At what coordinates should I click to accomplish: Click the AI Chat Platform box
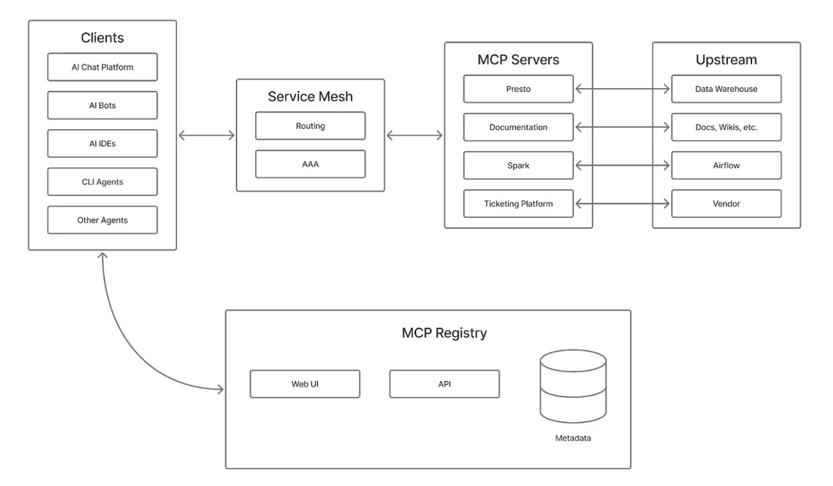coord(102,67)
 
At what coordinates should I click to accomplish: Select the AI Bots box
coord(102,105)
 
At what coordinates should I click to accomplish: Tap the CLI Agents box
coord(102,182)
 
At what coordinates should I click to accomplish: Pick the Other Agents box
coord(102,220)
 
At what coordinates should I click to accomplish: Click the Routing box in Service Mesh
coord(310,126)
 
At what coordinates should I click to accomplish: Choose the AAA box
coord(310,164)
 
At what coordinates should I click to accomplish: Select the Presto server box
coord(518,89)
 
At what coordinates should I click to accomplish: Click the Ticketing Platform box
coord(518,204)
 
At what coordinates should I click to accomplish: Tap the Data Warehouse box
coord(726,89)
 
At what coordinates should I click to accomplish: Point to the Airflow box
coord(726,165)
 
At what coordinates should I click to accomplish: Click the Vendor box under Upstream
coord(726,204)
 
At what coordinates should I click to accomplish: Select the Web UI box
coord(305,384)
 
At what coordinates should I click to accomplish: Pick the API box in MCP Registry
coord(444,384)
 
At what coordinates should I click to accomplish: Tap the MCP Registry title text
coord(444,333)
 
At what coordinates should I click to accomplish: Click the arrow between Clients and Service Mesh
coord(207,135)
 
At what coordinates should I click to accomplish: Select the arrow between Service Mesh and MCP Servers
coord(414,135)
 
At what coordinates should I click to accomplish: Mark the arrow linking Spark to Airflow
coord(622,165)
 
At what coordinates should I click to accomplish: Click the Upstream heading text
coord(726,60)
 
